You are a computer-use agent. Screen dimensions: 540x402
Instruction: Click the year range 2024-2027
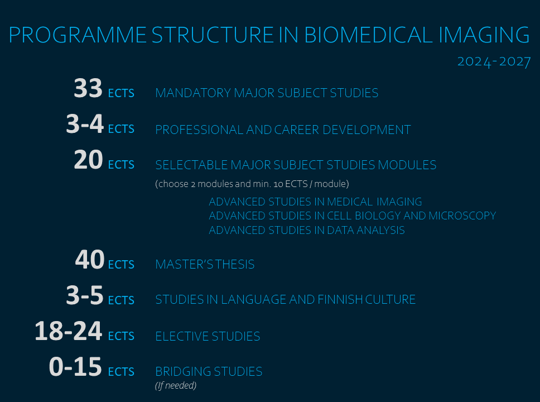pos(494,62)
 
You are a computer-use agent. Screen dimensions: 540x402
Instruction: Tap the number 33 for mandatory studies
pos(88,88)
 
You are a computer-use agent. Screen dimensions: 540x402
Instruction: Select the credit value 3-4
pos(85,124)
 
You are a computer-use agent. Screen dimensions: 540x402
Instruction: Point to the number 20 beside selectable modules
pos(89,160)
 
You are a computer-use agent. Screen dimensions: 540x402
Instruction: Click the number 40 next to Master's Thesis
pos(90,259)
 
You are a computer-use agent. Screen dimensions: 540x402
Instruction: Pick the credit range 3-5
pos(85,295)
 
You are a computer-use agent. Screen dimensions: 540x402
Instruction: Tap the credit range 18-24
pos(69,331)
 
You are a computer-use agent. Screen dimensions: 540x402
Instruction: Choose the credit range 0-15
pos(75,366)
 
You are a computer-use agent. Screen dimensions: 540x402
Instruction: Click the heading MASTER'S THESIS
pos(205,265)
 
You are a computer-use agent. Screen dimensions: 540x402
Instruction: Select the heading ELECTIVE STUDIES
pos(208,336)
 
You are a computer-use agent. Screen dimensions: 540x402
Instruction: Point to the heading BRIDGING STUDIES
pos(209,372)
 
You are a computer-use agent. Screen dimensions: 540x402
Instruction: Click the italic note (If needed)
pos(176,385)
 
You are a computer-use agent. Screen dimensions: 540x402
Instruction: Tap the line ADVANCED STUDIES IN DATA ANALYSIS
pos(307,230)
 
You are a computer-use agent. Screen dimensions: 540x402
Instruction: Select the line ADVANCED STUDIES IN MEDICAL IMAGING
pos(315,202)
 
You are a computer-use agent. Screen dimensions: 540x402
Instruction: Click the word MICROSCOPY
pos(462,216)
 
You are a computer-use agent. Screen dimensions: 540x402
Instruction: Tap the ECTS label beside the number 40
pos(121,265)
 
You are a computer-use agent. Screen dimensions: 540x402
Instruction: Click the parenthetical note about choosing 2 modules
pos(252,184)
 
